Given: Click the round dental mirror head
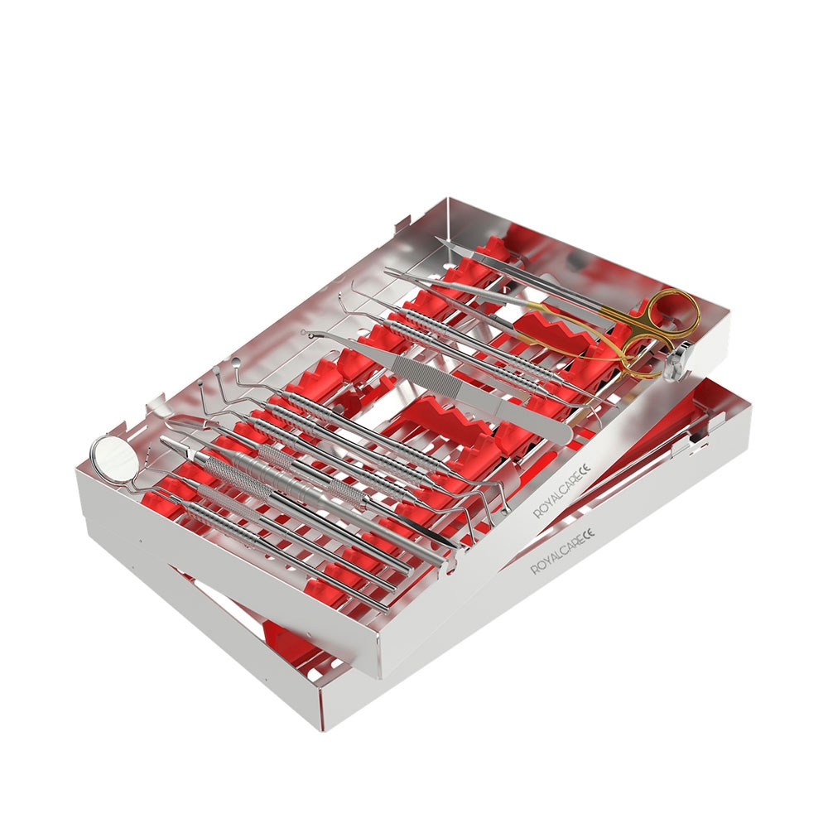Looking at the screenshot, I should [108, 456].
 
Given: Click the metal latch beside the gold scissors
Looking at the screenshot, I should [680, 365].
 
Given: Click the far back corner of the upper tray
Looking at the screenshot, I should [447, 199].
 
